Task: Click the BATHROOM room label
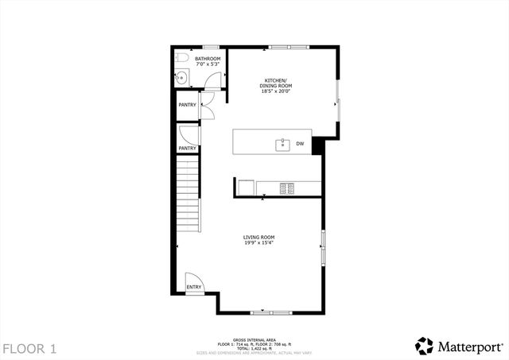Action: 208,59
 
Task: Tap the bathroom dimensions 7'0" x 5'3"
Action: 208,64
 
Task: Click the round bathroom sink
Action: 181,78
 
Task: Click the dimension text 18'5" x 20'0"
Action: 277,91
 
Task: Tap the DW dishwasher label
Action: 300,144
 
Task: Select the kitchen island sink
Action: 282,144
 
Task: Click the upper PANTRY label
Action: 188,105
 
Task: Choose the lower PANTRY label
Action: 188,149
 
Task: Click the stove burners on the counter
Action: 286,188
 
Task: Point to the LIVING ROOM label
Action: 259,237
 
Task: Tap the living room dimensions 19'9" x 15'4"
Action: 259,244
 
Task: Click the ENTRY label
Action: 193,287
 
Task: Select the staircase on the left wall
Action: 188,191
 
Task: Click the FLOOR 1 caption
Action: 29,348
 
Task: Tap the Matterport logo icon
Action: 425,346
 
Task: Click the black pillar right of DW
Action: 318,145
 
